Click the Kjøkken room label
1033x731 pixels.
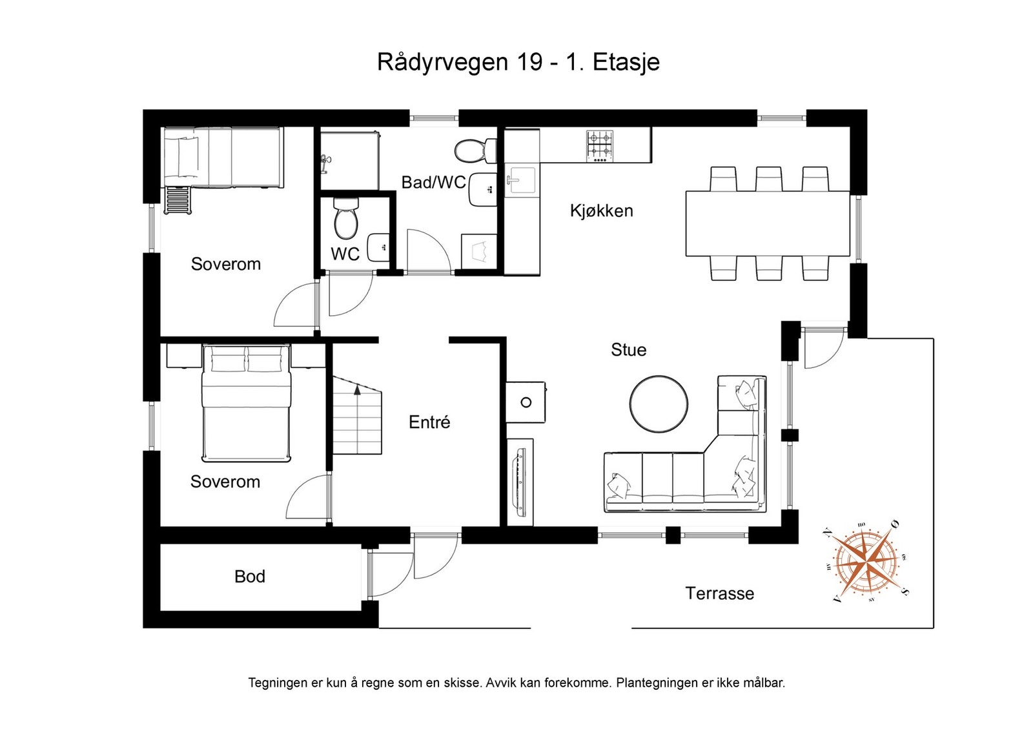pos(601,211)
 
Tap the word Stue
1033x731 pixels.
pos(629,350)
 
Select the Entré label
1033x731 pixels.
pos(429,422)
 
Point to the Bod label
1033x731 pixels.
pos(249,577)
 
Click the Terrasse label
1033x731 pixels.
pos(719,593)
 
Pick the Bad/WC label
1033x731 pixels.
pos(433,183)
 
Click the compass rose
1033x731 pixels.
pos(866,561)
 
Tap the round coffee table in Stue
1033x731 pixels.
pos(659,404)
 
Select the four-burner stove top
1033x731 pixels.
pos(600,146)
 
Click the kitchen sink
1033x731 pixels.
pos(522,180)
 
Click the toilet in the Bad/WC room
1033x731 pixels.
pos(475,150)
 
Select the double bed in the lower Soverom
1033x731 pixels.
pos(246,402)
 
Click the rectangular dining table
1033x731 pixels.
pos(768,223)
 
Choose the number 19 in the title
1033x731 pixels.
pos(529,62)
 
